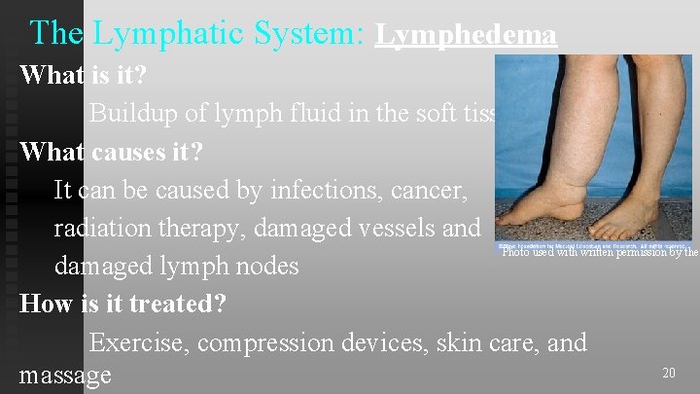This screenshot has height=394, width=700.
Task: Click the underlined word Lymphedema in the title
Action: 466,35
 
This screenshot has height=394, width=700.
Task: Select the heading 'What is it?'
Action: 84,75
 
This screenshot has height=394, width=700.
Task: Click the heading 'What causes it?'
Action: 115,153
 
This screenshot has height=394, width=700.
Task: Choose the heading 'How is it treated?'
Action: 122,304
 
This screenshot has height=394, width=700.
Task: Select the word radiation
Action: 105,228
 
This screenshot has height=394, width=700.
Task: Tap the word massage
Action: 65,375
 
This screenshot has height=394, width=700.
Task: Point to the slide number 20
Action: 668,373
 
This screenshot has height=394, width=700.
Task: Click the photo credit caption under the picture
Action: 599,252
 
